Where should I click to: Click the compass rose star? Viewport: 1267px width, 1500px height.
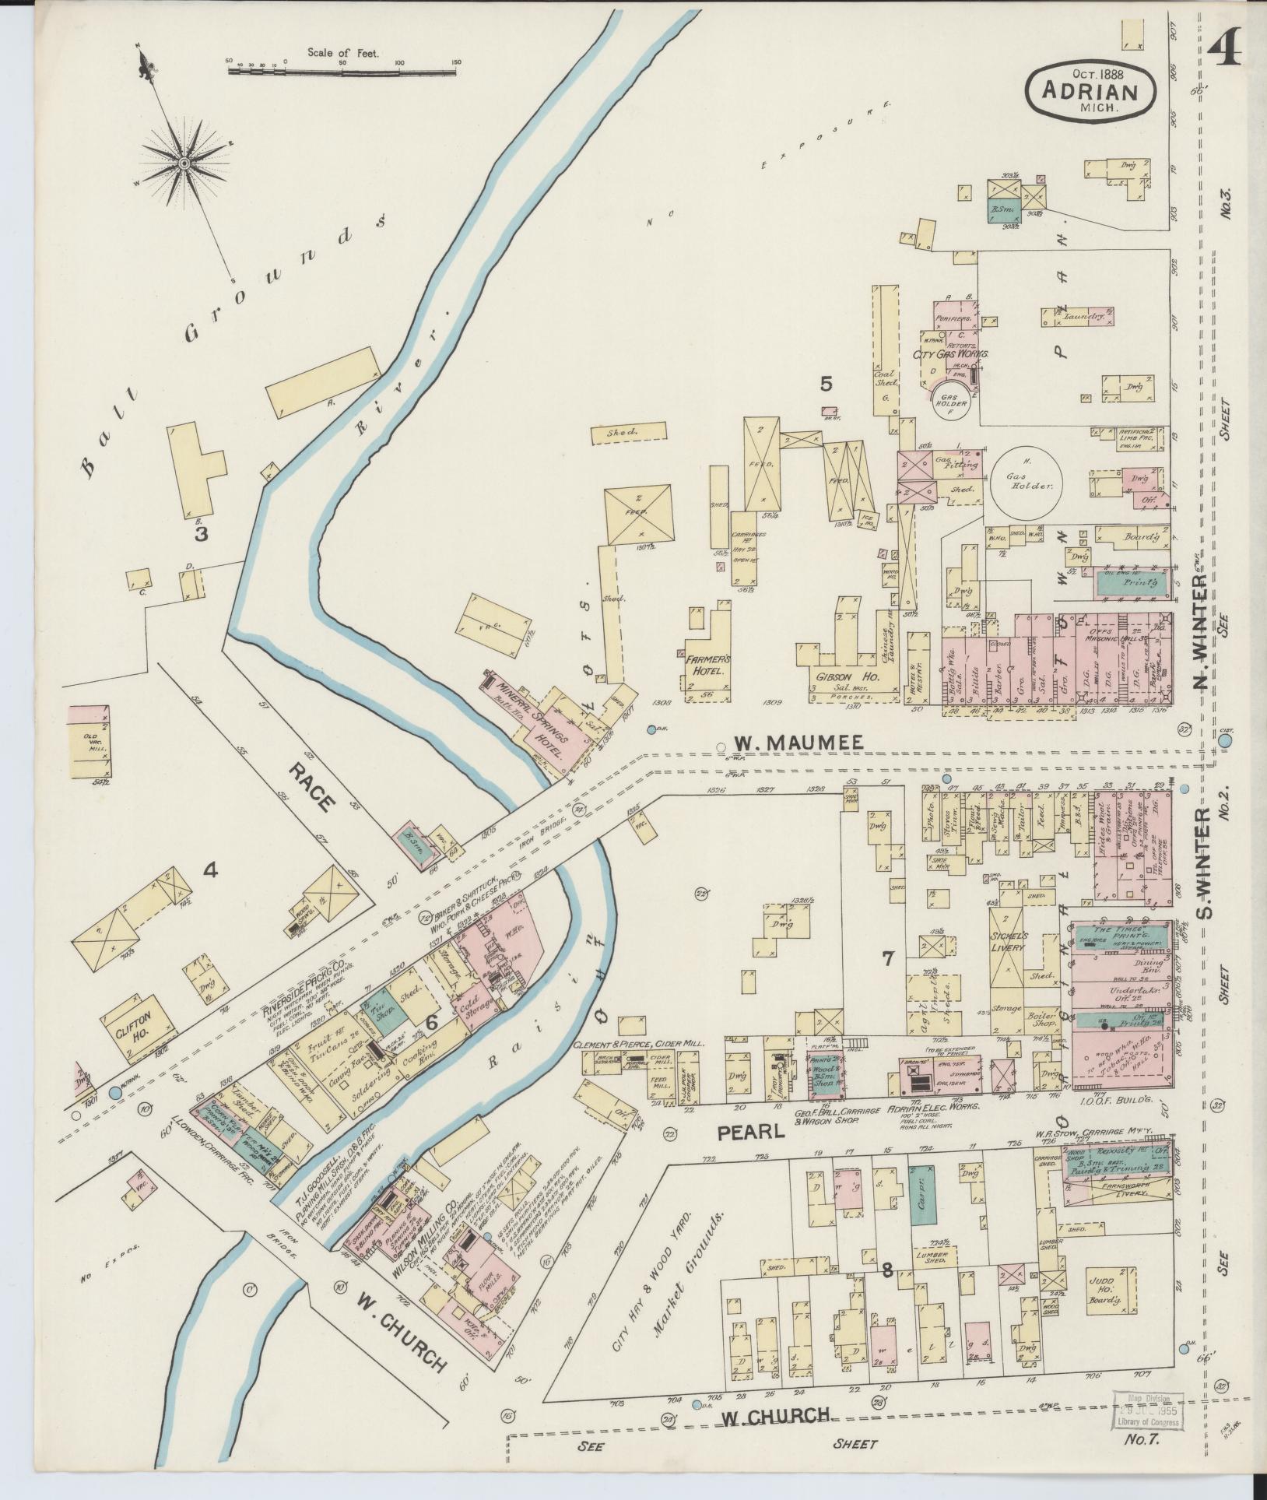184,162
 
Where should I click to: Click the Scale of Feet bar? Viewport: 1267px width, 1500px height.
342,72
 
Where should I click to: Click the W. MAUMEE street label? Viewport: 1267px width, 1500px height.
799,743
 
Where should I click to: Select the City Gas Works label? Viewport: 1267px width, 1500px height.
951,353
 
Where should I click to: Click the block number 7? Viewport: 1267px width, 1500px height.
886,959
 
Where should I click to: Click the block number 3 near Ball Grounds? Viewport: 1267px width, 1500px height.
200,534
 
